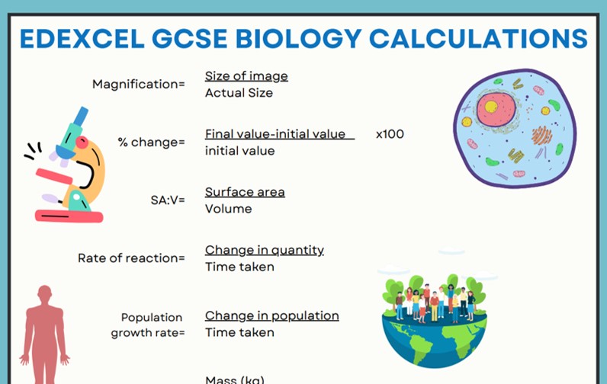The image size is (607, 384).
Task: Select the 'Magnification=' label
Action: coord(138,84)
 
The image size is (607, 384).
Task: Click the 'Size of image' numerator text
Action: coord(246,75)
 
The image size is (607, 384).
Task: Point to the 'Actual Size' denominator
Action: coord(239,93)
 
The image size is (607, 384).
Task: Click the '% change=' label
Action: coord(151,142)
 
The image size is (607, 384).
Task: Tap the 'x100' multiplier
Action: coord(390,134)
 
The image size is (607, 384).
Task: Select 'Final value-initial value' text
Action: coord(275,134)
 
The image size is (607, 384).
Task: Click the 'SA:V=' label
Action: coord(168,200)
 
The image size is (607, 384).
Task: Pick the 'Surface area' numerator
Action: coord(245,192)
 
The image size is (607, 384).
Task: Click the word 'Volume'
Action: coord(228,209)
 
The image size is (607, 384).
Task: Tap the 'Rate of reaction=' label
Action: coord(131,258)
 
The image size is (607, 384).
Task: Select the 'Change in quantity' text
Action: coord(265,250)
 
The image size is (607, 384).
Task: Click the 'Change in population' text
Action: coord(272,315)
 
